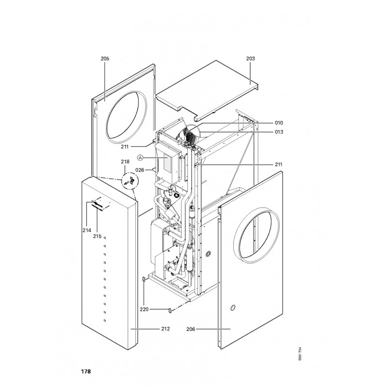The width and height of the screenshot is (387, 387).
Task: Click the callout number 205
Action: click(105, 58)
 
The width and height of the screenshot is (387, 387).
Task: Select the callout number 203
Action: click(250, 58)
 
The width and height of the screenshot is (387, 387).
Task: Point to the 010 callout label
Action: click(279, 123)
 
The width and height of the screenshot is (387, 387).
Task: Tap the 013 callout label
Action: click(279, 132)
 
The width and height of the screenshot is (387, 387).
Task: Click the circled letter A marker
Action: click(140, 158)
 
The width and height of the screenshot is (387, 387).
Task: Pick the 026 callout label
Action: click(140, 169)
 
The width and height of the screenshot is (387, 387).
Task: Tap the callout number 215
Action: click(97, 236)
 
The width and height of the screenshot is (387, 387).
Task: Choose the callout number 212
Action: click(165, 329)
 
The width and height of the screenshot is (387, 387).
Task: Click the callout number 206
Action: click(191, 329)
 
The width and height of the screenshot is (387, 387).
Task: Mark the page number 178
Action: click(86, 372)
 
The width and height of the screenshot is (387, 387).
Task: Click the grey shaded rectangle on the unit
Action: click(168, 163)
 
